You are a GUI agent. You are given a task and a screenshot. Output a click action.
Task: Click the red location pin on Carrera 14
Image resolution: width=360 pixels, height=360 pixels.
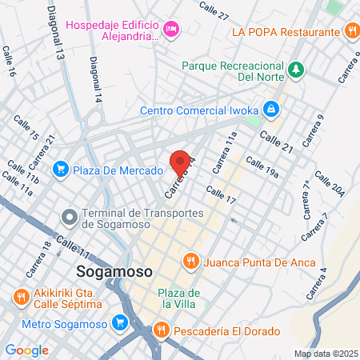pyautogui.click(x=182, y=162)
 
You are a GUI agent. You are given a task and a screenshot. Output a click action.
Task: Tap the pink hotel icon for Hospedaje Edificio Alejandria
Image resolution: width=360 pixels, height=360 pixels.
pyautogui.click(x=170, y=30)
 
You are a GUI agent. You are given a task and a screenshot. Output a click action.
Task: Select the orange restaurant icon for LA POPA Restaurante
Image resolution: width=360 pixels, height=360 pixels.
pyautogui.click(x=352, y=32)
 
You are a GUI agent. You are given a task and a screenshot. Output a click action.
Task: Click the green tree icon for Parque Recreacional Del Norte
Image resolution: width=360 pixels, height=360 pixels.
pyautogui.click(x=296, y=70)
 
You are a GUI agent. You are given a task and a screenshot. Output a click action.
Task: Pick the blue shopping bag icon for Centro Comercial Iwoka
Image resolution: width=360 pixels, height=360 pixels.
pyautogui.click(x=272, y=107)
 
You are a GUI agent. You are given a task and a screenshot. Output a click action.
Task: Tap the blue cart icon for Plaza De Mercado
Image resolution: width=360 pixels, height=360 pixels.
pyautogui.click(x=60, y=170)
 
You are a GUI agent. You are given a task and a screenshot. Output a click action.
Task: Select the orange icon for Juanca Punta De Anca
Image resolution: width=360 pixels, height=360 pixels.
pyautogui.click(x=190, y=261)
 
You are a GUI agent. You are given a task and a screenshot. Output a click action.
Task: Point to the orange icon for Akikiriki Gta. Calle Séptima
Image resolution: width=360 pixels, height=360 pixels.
pyautogui.click(x=21, y=297)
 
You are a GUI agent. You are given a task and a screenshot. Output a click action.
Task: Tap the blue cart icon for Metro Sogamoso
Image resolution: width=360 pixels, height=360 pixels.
pyautogui.click(x=121, y=322)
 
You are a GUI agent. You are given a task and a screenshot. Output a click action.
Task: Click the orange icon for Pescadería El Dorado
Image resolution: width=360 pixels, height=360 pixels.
pyautogui.click(x=160, y=330)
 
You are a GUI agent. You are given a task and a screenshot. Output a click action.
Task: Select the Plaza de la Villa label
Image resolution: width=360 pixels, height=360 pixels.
pyautogui.click(x=177, y=298)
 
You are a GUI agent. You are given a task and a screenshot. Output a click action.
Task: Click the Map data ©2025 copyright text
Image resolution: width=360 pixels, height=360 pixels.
pyautogui.click(x=326, y=354)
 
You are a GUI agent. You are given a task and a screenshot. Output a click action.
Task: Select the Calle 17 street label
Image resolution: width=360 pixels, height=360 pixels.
pyautogui.click(x=221, y=194)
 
